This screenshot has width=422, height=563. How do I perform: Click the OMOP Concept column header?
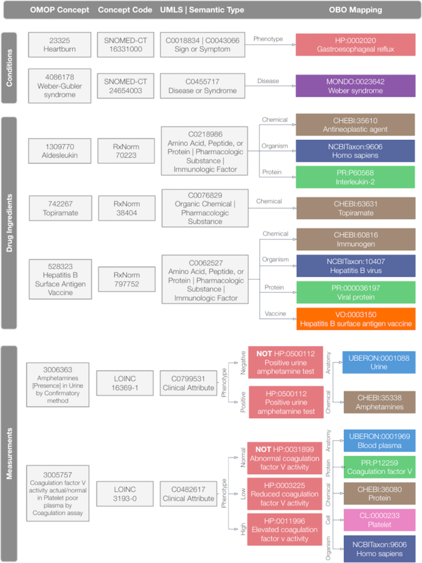(x=60, y=10)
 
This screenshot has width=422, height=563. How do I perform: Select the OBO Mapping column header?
(x=355, y=10)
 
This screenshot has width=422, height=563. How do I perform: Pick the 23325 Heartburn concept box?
(x=60, y=46)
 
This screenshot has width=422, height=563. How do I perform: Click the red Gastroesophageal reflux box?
(x=355, y=46)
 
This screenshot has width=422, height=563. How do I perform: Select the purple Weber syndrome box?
(x=355, y=86)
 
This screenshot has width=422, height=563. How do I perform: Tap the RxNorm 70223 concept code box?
(x=126, y=152)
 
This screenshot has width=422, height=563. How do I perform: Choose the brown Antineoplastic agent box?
(x=355, y=124)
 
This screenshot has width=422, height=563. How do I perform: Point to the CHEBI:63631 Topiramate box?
(x=355, y=208)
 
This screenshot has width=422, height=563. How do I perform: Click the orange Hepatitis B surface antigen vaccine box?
(x=355, y=318)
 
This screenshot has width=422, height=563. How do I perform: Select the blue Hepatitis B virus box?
(x=355, y=265)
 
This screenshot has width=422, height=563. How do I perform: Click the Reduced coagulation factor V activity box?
(x=285, y=493)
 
